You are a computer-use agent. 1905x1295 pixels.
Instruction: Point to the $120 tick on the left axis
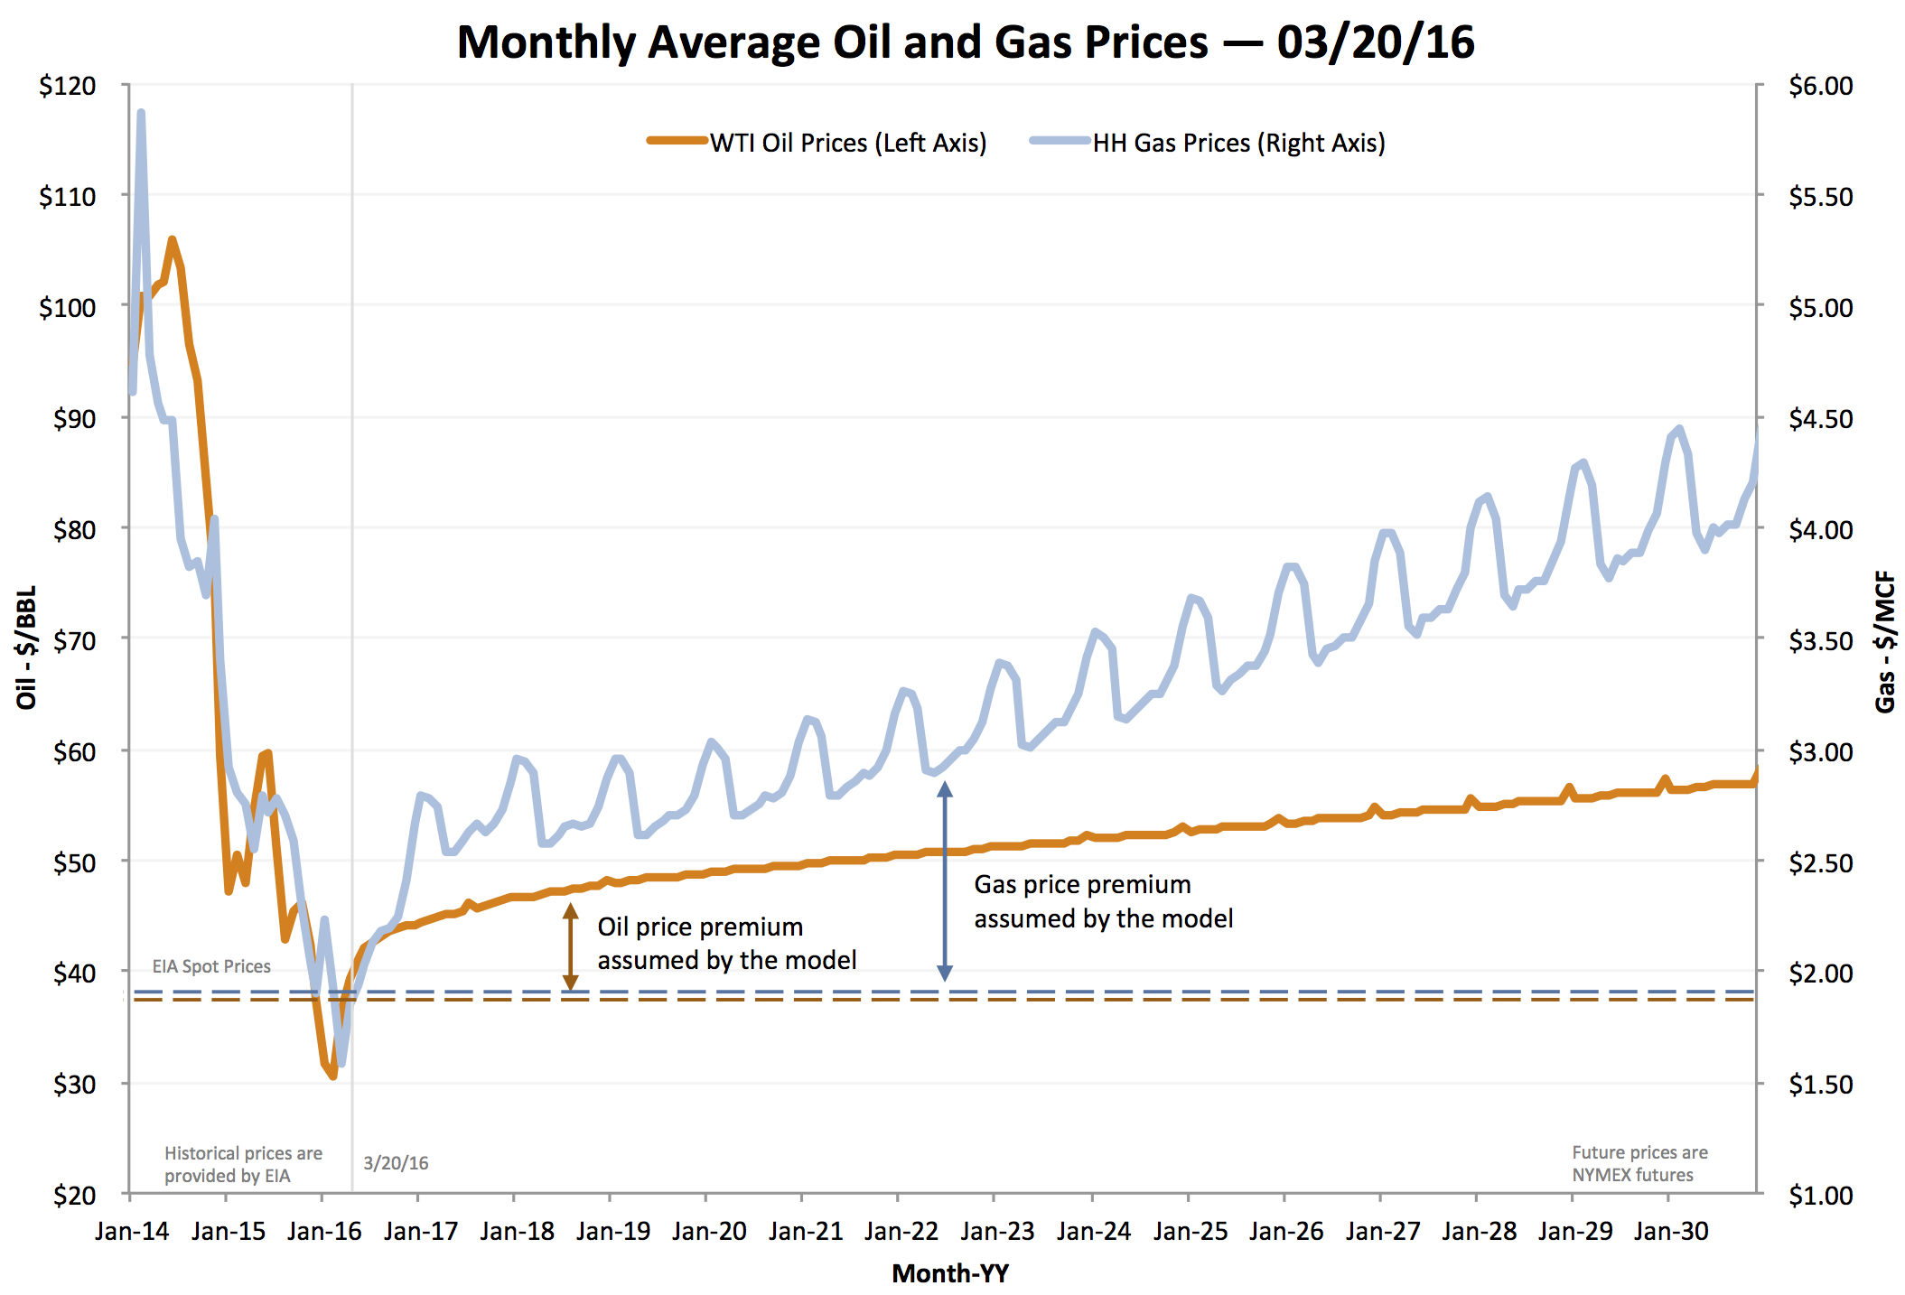click(67, 86)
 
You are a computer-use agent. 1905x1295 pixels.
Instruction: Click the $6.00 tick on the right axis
click(1820, 86)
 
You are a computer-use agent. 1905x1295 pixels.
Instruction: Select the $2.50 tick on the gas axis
click(1820, 862)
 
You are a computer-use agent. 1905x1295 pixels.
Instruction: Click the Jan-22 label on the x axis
click(901, 1231)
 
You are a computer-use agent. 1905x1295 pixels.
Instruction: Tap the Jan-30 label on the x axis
click(1670, 1231)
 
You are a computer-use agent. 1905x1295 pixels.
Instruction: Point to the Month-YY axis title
click(949, 1273)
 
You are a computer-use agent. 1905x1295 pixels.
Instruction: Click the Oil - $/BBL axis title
click(26, 647)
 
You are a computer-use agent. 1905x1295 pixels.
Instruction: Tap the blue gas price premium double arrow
click(945, 880)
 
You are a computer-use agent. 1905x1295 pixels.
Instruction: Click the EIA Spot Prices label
click(211, 966)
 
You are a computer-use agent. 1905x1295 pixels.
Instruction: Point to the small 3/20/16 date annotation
click(396, 1163)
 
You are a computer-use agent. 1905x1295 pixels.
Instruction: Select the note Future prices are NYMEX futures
click(1639, 1163)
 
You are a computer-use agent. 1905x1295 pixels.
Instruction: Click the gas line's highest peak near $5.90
click(141, 114)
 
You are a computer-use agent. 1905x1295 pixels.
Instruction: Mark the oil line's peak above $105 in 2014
click(172, 240)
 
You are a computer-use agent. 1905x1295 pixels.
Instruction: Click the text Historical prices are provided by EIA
click(242, 1164)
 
